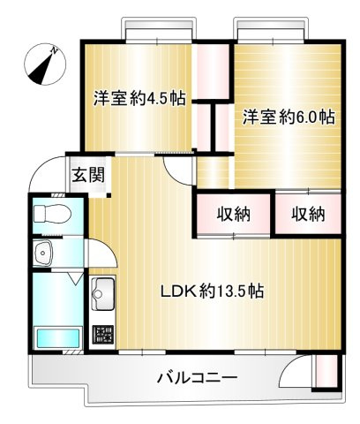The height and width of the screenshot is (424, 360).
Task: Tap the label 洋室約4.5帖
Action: [x=139, y=99]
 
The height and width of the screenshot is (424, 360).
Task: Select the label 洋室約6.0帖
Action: [x=289, y=116]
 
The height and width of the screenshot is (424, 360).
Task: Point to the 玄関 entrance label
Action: [x=88, y=174]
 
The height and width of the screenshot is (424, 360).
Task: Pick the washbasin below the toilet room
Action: [x=45, y=255]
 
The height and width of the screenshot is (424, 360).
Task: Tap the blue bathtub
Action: [x=55, y=339]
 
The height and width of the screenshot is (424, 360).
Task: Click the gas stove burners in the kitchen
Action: [x=103, y=335]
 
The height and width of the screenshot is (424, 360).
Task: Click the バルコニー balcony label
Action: [x=198, y=378]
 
